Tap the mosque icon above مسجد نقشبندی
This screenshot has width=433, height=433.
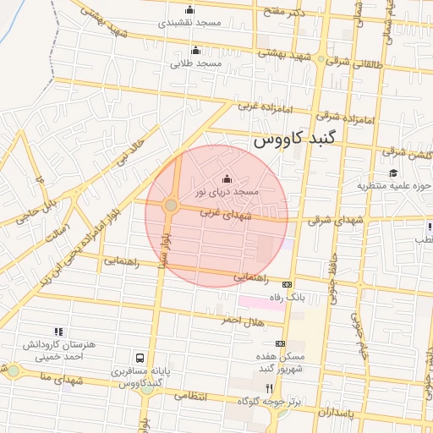coord(189,10)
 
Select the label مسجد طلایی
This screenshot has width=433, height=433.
coord(196,63)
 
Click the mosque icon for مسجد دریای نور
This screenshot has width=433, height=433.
coord(226,178)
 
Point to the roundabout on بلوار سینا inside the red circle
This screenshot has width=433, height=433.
coord(171,205)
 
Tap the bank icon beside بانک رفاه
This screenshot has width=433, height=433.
coord(287,284)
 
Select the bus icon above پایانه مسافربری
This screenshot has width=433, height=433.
coord(139,358)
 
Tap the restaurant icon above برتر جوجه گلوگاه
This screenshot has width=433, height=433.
coord(269,387)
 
